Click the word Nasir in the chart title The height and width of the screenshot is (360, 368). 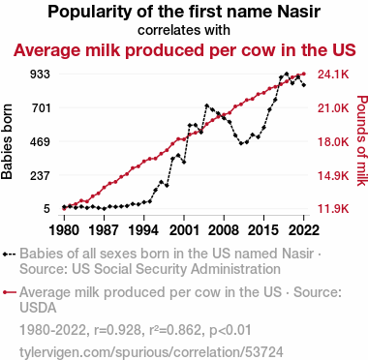(x=299, y=12)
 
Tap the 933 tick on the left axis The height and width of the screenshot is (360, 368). (x=40, y=75)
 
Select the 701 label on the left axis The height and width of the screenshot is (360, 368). (x=40, y=107)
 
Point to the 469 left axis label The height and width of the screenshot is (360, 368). (x=40, y=141)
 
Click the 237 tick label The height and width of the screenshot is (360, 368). (x=40, y=175)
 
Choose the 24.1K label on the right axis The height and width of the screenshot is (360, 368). (x=333, y=75)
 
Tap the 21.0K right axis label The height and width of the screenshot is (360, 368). (x=333, y=107)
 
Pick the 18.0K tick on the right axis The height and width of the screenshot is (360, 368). (x=333, y=141)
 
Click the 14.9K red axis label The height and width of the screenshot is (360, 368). (x=333, y=175)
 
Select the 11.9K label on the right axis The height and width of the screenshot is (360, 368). (x=333, y=209)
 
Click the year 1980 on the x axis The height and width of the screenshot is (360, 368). (x=64, y=230)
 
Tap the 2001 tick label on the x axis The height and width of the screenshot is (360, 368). (x=184, y=230)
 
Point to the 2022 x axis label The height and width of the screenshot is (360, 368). (x=303, y=230)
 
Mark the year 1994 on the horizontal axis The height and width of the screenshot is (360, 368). (x=143, y=230)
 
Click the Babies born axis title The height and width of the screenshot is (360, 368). (x=7, y=141)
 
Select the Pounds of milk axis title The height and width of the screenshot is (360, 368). (x=362, y=140)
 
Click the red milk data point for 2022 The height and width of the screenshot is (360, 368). (x=303, y=75)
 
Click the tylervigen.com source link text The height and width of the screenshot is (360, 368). (x=151, y=352)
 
